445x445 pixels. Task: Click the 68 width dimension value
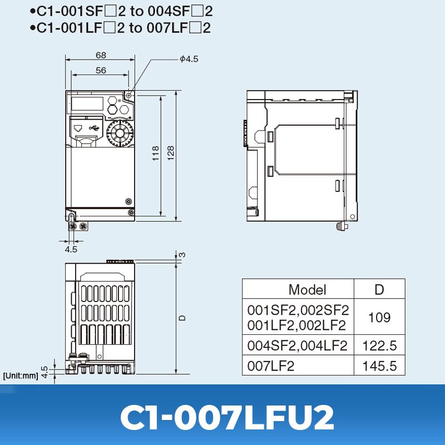[x=101, y=55]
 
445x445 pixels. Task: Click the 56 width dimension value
[x=101, y=70]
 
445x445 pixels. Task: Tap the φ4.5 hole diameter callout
[x=189, y=59]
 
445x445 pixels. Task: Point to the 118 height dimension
[x=156, y=154]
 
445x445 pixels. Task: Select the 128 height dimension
[x=171, y=154]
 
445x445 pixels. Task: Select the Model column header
[x=307, y=289]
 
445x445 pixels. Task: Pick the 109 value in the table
[x=379, y=318]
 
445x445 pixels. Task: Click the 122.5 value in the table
[x=379, y=346]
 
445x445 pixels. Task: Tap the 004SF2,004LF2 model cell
[x=298, y=346]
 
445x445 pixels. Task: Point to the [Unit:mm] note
[x=20, y=375]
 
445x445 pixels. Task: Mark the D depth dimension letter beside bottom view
[x=182, y=318]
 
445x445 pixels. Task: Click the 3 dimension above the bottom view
[x=182, y=255]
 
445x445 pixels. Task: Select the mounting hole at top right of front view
[x=129, y=95]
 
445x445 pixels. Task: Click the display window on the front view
[x=86, y=103]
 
